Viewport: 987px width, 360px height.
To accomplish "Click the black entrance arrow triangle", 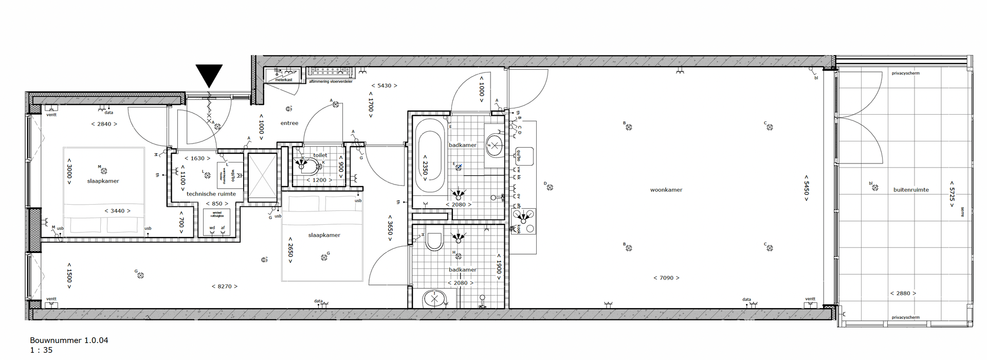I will pos(209,75).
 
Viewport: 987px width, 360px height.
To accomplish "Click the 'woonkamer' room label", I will pos(666,190).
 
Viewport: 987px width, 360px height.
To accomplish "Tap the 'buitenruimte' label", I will pos(911,190).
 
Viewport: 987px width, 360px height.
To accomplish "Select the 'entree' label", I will pos(289,123).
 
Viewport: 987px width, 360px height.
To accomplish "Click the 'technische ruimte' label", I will pos(211,194).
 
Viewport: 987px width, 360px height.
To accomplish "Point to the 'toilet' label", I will pos(320,155).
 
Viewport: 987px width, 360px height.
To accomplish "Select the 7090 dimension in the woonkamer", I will pos(666,278).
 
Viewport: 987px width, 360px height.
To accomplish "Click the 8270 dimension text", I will pos(225,286).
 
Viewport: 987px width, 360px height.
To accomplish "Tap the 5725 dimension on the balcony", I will pos(952,194).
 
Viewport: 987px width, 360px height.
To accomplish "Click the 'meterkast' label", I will pos(283,80).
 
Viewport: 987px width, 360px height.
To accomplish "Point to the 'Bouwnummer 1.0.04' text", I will pos(69,340).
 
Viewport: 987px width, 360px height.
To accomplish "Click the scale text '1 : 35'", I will pos(41,350).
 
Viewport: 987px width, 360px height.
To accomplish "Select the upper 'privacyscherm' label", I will pos(906,73).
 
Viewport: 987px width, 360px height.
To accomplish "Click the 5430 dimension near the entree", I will pos(384,86).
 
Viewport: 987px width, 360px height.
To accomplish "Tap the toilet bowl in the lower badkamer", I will pos(434,241).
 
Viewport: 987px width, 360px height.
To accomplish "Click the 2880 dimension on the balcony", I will pos(903,293).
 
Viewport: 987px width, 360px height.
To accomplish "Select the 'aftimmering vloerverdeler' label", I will pos(331,81).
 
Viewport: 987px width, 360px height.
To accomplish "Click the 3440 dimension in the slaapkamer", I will pos(117,211).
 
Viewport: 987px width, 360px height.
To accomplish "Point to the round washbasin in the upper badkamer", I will pos(494,146).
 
